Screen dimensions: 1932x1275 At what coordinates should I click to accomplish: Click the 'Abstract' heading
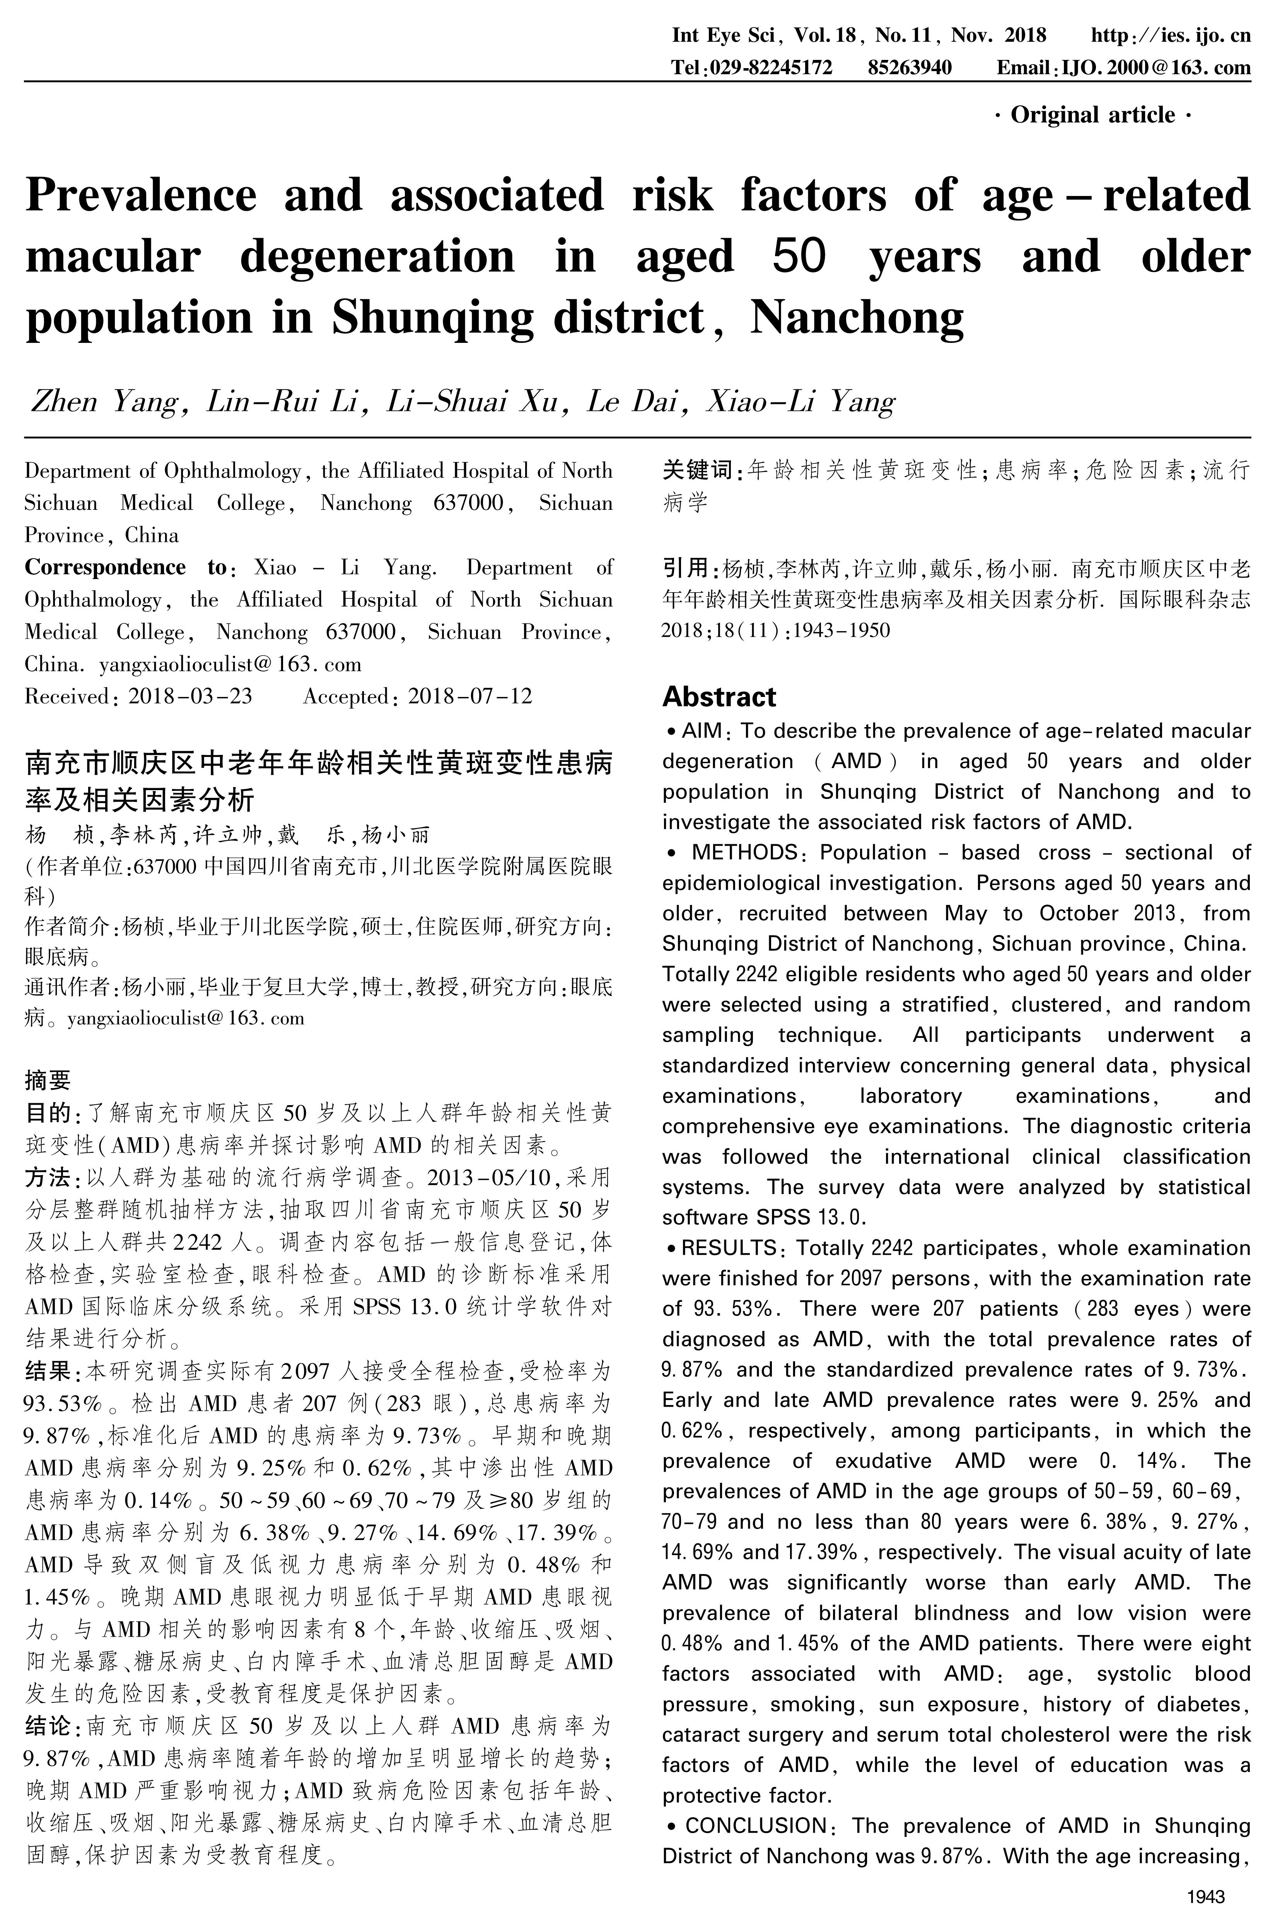(719, 697)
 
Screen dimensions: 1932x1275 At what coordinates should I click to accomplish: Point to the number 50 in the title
(799, 257)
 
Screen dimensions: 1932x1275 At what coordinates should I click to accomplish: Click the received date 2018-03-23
(190, 697)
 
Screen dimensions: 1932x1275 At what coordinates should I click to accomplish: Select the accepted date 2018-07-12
(470, 697)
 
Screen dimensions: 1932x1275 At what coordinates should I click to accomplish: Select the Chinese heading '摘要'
(48, 1080)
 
